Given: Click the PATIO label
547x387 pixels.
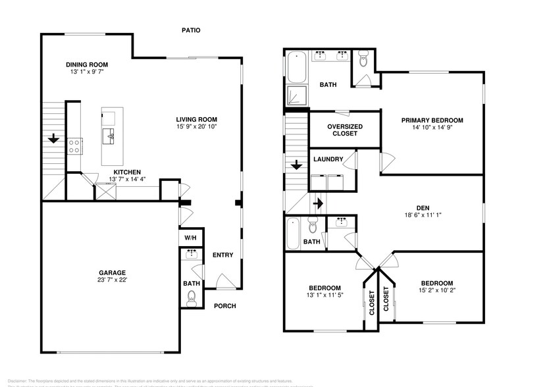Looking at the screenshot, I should tap(192, 30).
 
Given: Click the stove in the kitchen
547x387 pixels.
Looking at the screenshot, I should tap(74, 145).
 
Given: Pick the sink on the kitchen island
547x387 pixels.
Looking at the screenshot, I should tap(110, 136).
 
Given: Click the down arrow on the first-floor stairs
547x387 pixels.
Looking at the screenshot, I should tap(53, 140).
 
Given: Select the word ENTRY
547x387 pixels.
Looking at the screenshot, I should tap(222, 255).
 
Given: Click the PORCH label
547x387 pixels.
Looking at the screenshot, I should tap(225, 306).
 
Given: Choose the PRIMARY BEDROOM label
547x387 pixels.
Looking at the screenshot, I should tap(432, 120).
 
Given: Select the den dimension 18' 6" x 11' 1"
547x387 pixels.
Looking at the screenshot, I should tap(432, 215).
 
